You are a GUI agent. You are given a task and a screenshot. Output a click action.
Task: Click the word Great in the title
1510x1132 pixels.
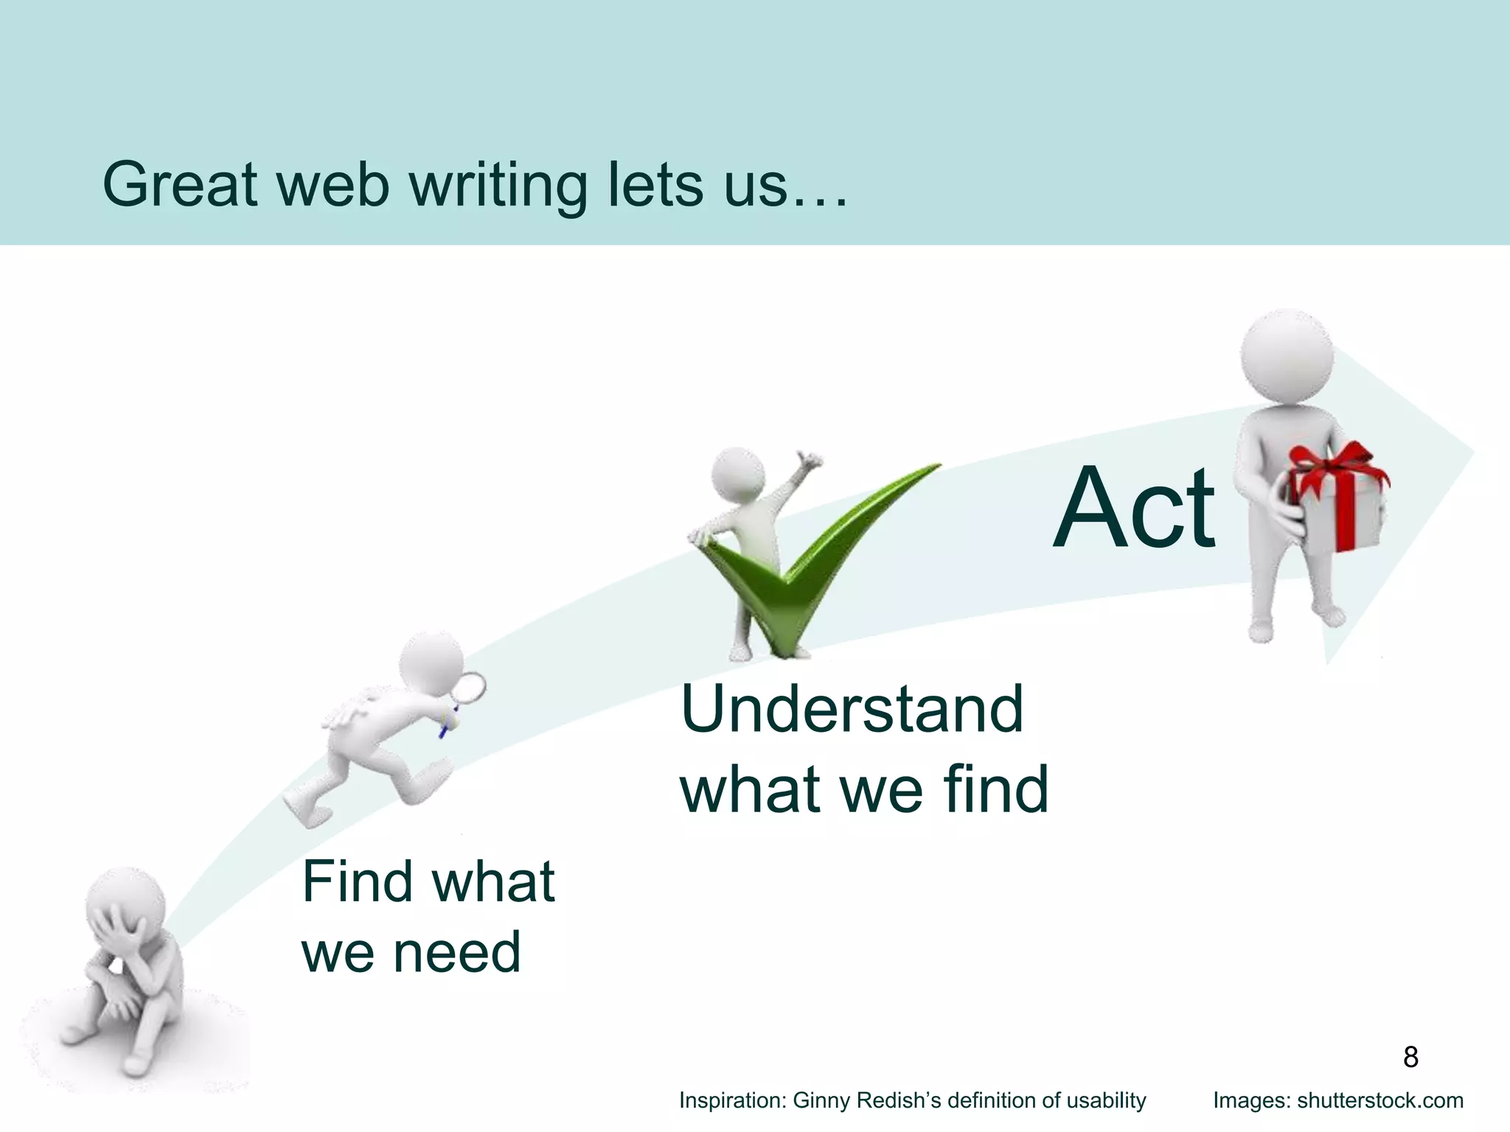pos(181,184)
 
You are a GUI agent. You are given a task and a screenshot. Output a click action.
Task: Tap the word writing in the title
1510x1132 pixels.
pos(498,186)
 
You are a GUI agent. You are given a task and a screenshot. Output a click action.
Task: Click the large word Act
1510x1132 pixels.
pos(1133,508)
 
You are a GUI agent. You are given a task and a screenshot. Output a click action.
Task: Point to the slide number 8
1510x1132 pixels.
pos(1410,1057)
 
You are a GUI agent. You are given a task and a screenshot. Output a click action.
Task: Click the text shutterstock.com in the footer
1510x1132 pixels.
pos(1380,1100)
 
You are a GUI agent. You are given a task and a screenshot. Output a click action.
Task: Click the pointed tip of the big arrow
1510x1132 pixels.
pos(1471,453)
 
